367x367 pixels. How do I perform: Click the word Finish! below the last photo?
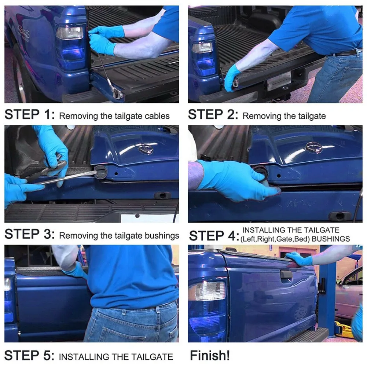click(209, 355)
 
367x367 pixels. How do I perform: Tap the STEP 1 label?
click(30, 114)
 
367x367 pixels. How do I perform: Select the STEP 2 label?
click(213, 114)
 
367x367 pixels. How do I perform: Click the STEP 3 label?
click(30, 234)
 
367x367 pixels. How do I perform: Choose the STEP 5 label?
click(29, 355)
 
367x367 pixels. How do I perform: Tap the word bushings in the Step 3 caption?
click(162, 236)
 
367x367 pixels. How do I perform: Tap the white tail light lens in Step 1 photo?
click(70, 33)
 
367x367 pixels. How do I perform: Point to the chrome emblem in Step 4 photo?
click(313, 147)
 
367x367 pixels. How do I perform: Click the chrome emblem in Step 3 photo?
click(146, 148)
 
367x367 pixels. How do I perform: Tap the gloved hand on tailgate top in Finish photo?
click(299, 259)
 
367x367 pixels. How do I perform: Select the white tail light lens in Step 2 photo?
click(202, 48)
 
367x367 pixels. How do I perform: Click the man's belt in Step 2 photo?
click(346, 53)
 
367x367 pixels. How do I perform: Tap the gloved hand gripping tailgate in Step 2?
click(232, 77)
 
